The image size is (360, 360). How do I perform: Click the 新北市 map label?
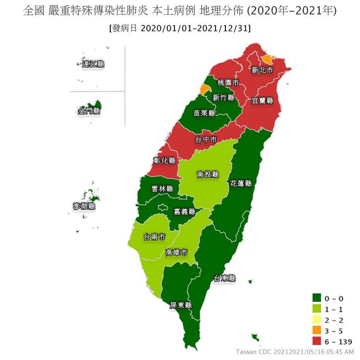point(262,70)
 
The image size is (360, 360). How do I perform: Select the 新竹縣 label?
point(223,97)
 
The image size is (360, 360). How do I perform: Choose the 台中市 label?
point(206,140)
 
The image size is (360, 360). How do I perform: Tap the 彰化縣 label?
point(165,161)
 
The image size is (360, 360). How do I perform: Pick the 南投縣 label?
point(207,175)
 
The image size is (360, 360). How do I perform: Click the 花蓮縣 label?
point(240,183)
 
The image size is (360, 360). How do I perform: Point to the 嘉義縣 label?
point(184,211)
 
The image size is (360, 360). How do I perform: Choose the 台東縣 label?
point(224,278)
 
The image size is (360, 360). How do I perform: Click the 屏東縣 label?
point(181,305)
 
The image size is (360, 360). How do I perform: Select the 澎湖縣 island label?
point(85,206)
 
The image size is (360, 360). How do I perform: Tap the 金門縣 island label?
point(89,111)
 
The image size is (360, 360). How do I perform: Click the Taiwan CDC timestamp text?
point(295,351)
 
